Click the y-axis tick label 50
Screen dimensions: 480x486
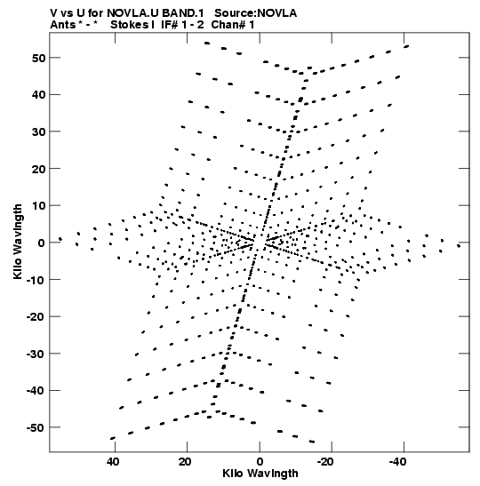coord(38,58)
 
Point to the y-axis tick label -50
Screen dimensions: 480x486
coord(36,427)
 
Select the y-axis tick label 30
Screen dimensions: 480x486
coord(38,131)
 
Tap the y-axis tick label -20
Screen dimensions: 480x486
coord(36,317)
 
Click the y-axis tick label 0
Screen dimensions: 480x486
coord(42,243)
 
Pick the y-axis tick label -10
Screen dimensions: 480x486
coord(36,280)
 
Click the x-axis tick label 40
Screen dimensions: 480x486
coord(113,462)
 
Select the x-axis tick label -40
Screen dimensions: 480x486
coord(397,462)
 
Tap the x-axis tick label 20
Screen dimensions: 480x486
coord(185,462)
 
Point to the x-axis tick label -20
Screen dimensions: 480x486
coord(325,462)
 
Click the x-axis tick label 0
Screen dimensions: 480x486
coord(260,462)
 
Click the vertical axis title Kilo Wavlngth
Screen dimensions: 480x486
coord(18,242)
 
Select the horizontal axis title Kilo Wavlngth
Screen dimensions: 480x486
coord(260,474)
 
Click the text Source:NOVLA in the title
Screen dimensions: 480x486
coord(255,13)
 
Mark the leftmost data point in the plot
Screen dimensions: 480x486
coord(60,239)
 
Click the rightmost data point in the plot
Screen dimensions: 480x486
coord(459,246)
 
